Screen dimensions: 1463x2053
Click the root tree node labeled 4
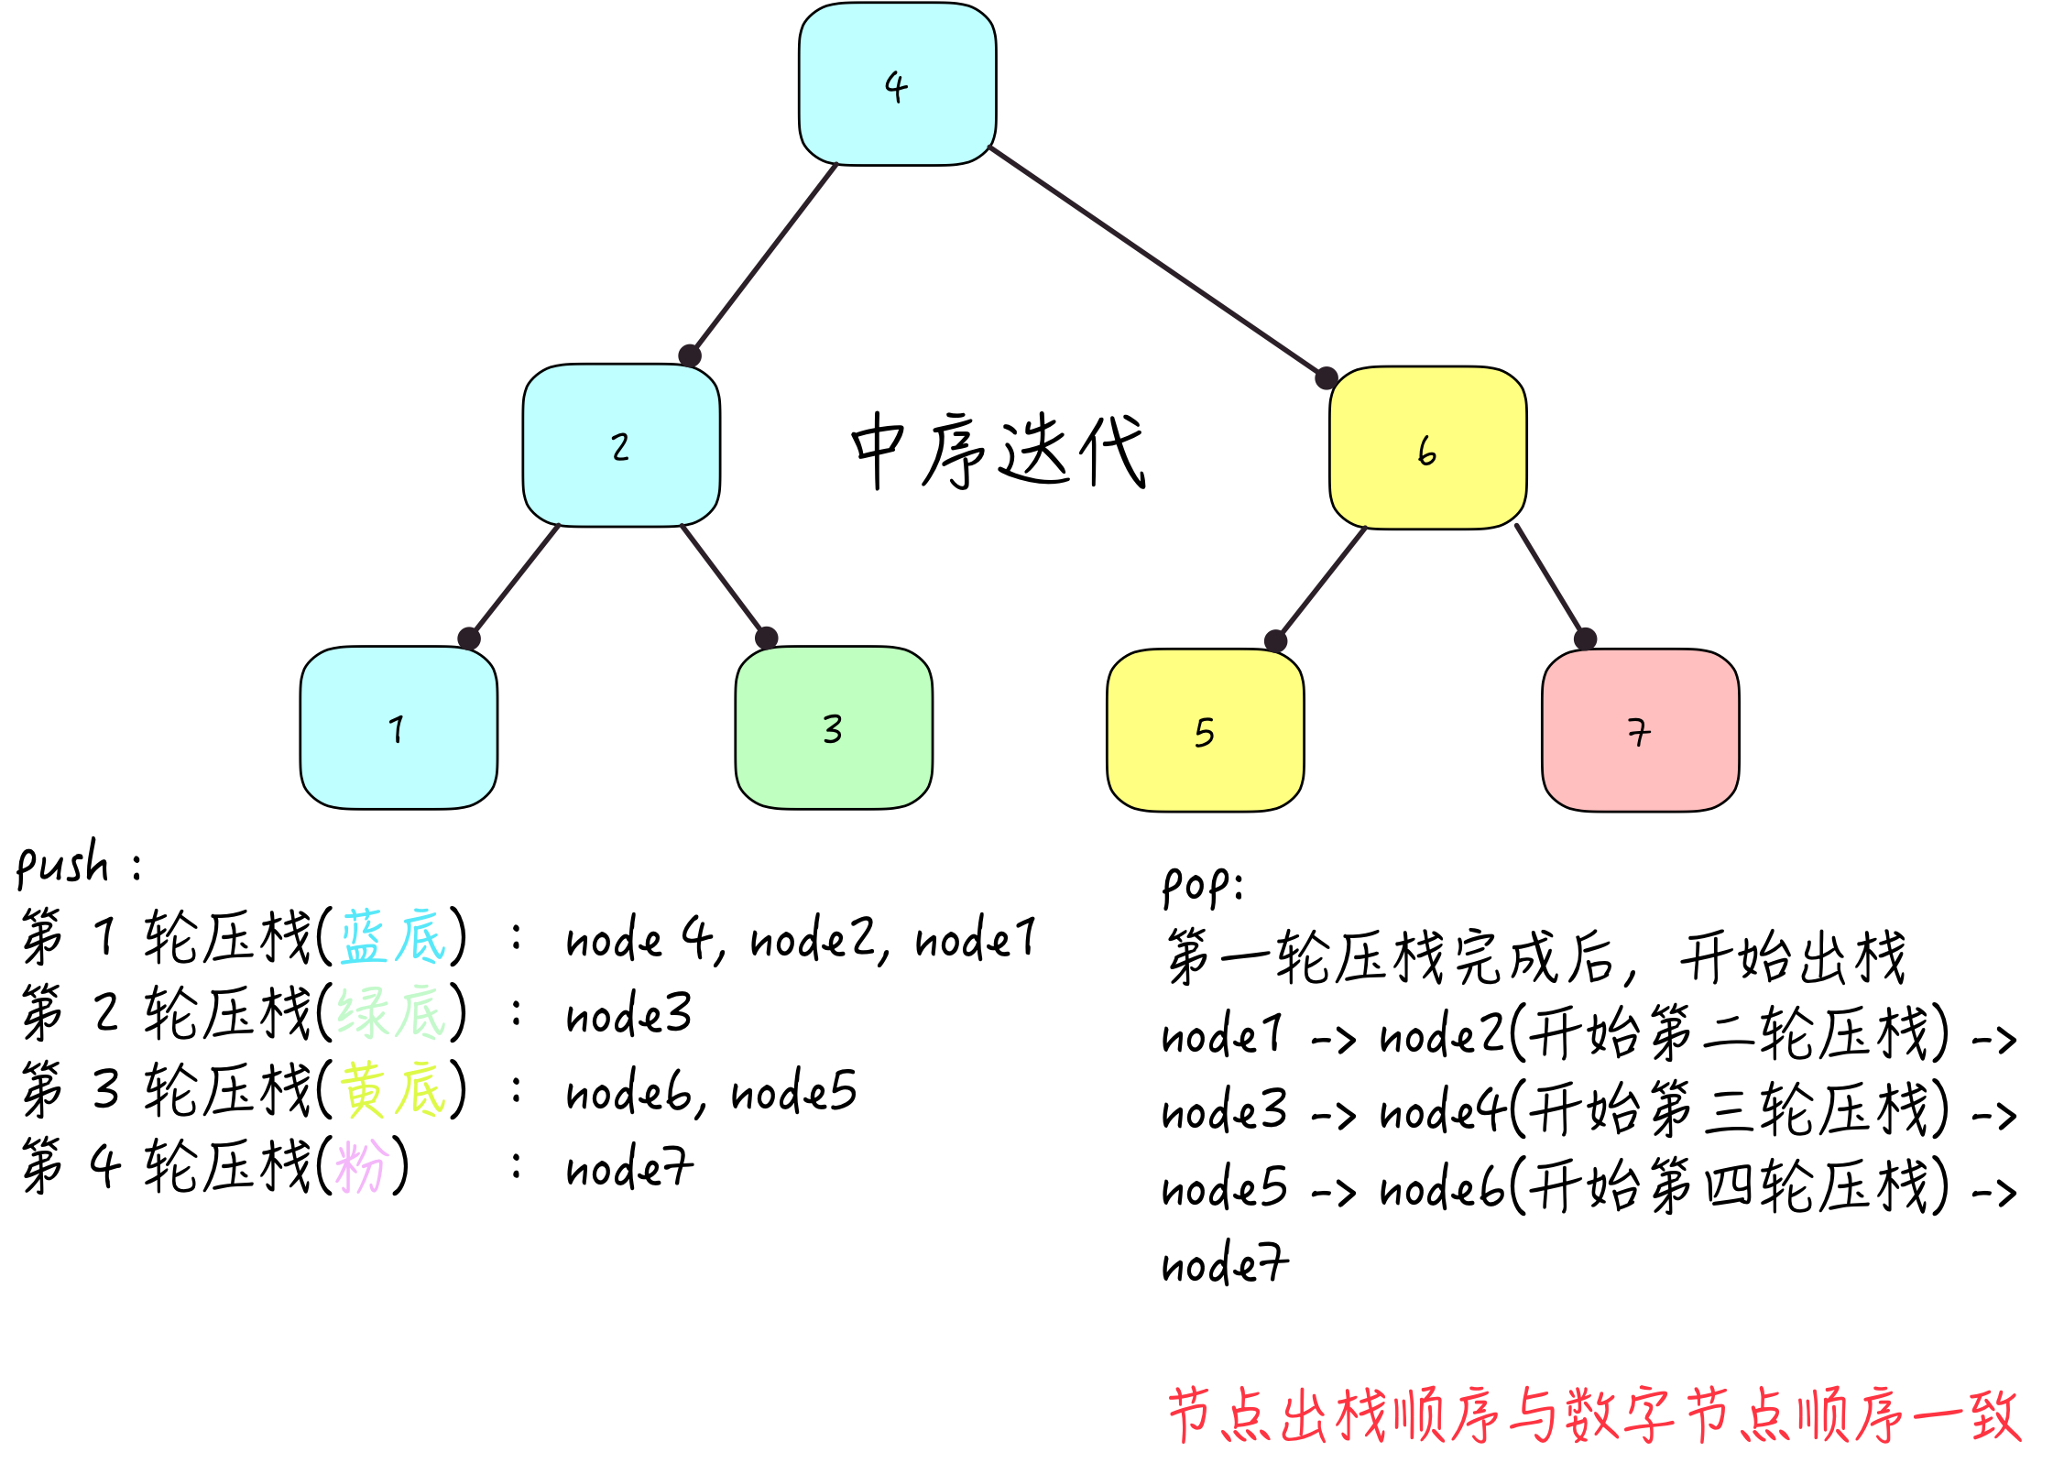897,84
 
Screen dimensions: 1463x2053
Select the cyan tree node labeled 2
621,446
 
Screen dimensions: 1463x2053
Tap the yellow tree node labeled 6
1427,448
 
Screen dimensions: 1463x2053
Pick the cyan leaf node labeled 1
399,728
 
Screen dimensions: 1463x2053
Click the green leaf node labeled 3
834,728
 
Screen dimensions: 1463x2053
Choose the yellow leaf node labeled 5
1205,731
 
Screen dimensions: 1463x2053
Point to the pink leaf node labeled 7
1640,731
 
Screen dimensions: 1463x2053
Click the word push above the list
62,864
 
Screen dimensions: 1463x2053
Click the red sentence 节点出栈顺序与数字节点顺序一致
1594,1415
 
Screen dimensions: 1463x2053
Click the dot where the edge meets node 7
1586,639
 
